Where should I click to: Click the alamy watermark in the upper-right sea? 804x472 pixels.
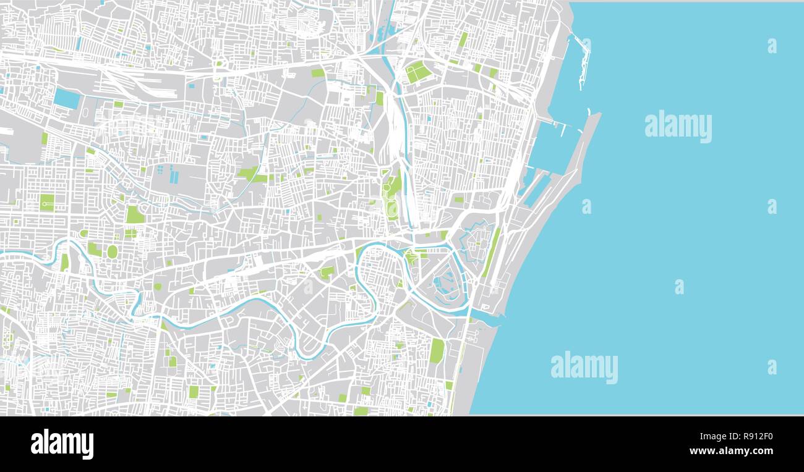[678, 126]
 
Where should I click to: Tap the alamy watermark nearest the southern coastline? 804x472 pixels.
[584, 367]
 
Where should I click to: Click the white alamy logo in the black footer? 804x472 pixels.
[62, 444]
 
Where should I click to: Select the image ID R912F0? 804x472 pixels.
[757, 436]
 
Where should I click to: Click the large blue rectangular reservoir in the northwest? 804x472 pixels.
[66, 98]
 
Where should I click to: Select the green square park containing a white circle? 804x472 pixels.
[47, 202]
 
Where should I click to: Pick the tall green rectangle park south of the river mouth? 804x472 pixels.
[437, 351]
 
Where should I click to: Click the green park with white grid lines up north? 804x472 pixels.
[418, 72]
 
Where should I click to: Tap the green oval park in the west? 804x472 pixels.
[112, 251]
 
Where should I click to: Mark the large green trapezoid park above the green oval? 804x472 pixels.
[134, 214]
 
